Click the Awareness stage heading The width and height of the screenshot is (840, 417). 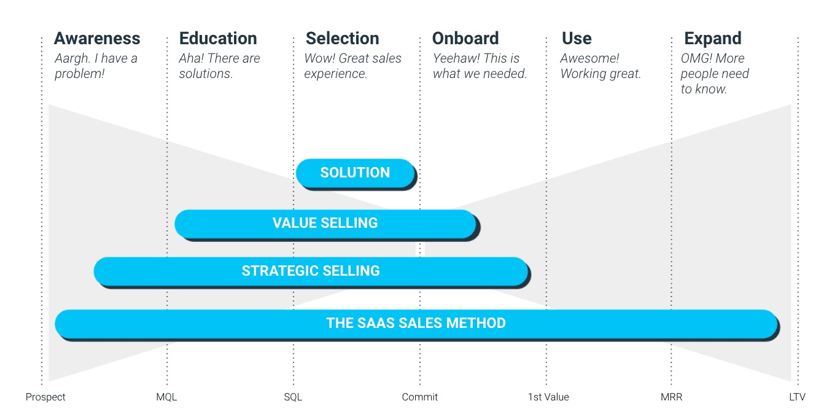tap(97, 38)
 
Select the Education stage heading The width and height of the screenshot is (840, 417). tap(218, 38)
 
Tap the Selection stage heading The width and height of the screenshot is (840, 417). tap(342, 38)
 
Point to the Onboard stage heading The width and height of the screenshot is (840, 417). tap(465, 38)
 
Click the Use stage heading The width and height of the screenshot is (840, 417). tap(577, 38)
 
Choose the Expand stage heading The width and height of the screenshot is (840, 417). tap(712, 38)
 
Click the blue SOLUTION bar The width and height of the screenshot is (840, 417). tap(355, 173)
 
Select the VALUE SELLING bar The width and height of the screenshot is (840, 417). tap(325, 223)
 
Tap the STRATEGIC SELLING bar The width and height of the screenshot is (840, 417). tap(311, 271)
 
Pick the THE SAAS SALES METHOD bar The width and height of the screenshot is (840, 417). tap(416, 323)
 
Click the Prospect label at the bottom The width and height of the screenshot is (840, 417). tap(45, 397)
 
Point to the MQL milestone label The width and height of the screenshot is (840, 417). tap(166, 397)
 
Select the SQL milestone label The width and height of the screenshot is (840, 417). tap(293, 397)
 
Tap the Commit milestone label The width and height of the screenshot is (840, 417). tap(420, 397)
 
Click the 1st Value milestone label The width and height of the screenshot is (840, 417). tap(548, 397)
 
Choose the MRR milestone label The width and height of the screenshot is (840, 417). tap(671, 397)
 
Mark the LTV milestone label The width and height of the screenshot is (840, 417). tap(797, 397)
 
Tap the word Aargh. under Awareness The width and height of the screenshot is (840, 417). tap(72, 58)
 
